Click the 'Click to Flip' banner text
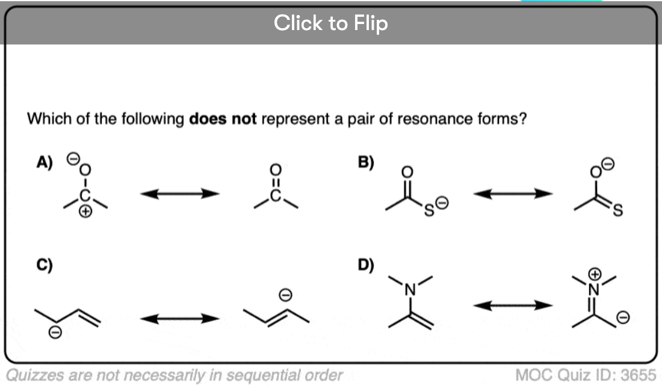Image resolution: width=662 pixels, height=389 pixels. pyautogui.click(x=330, y=23)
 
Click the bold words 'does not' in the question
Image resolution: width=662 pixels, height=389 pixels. pyautogui.click(x=223, y=118)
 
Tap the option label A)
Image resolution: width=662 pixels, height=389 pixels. pyautogui.click(x=44, y=161)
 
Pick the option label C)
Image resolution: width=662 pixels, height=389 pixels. pyautogui.click(x=44, y=264)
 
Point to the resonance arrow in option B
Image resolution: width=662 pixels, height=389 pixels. pyautogui.click(x=513, y=194)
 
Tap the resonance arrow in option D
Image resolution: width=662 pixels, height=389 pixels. pyautogui.click(x=513, y=306)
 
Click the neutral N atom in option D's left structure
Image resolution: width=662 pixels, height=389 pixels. pyautogui.click(x=411, y=292)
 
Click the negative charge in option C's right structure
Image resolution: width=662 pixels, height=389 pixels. pyautogui.click(x=287, y=294)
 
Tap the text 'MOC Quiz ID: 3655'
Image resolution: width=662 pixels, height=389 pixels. pyautogui.click(x=586, y=375)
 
